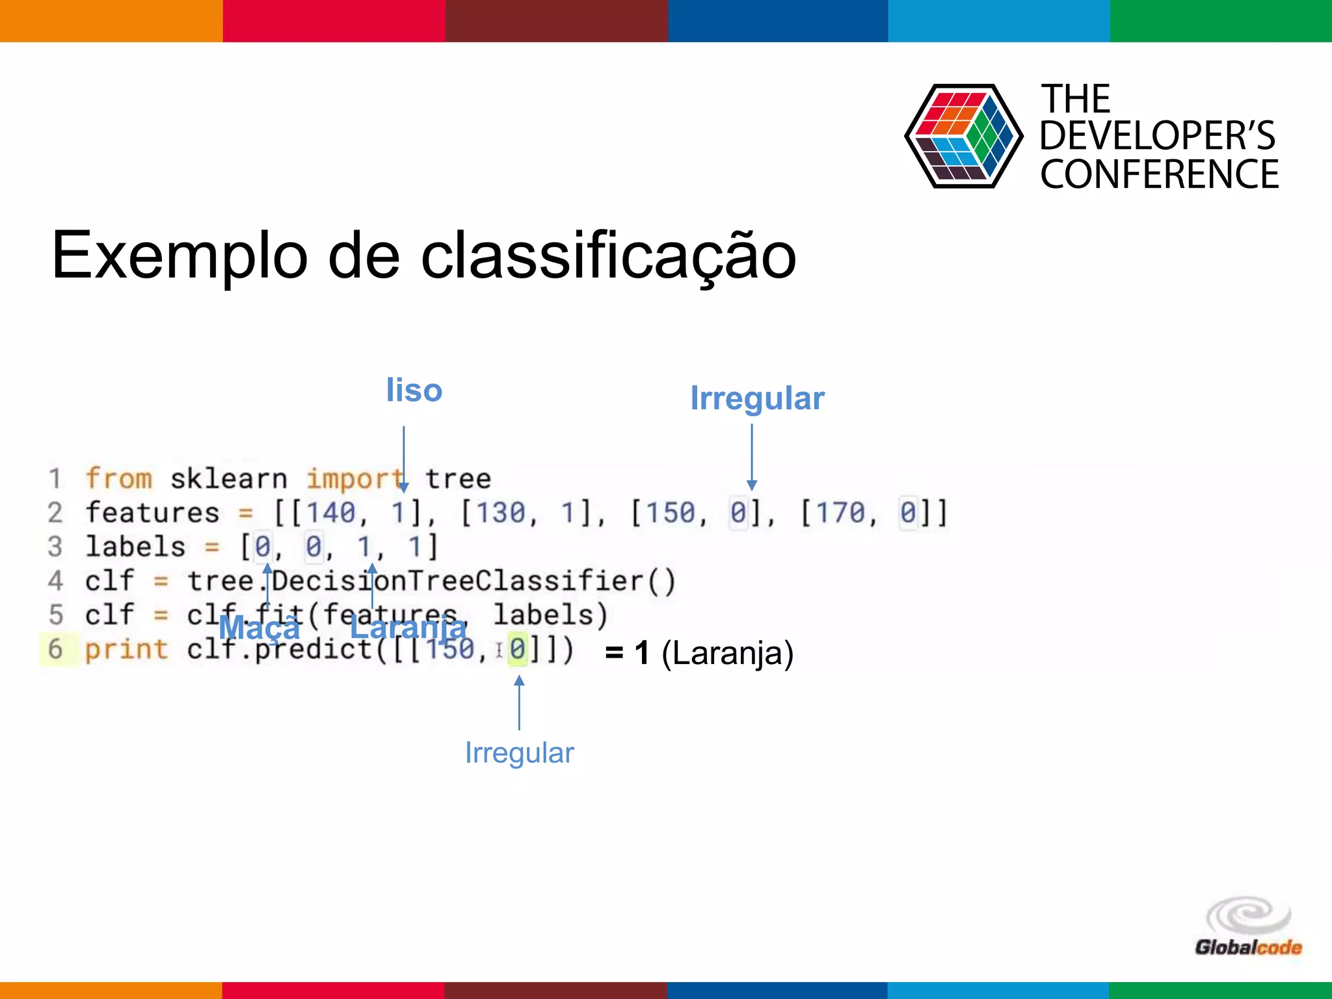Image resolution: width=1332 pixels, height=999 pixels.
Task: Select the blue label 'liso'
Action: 414,390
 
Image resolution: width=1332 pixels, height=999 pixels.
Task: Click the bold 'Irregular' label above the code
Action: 757,398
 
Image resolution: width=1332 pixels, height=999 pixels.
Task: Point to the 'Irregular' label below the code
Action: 519,753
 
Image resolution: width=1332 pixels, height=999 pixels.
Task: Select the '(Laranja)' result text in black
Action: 727,653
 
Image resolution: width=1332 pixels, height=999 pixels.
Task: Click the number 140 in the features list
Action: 331,513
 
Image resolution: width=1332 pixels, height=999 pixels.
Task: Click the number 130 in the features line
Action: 501,513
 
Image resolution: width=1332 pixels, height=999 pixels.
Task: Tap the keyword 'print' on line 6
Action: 127,649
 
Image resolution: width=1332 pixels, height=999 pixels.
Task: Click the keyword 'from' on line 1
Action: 119,479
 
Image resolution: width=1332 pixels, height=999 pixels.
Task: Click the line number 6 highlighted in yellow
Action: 56,649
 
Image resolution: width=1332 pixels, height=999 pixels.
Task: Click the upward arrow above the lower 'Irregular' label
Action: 519,702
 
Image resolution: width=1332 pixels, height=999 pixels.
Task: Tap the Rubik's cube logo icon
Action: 963,137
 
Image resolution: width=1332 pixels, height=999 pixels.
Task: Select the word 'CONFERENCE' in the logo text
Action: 1159,174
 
